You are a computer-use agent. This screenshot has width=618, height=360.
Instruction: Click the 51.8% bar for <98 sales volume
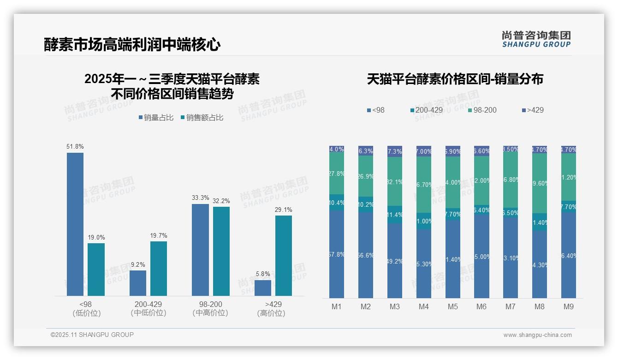pyautogui.click(x=75, y=224)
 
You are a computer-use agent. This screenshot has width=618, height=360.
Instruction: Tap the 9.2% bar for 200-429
pyautogui.click(x=138, y=283)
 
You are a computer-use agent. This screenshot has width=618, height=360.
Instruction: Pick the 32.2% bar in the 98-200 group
pyautogui.click(x=221, y=251)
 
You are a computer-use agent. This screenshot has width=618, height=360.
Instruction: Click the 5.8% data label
pyautogui.click(x=263, y=274)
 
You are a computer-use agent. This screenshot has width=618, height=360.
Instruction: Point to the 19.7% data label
pyautogui.click(x=159, y=235)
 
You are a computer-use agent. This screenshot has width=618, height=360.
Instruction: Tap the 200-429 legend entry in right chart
pyautogui.click(x=426, y=110)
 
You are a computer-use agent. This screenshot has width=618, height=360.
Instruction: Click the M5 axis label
pyautogui.click(x=452, y=307)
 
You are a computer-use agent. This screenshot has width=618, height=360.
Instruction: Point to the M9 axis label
pyautogui.click(x=568, y=307)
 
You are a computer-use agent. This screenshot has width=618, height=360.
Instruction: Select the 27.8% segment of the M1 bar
pyautogui.click(x=337, y=174)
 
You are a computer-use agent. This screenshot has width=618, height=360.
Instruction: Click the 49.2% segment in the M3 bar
pyautogui.click(x=395, y=261)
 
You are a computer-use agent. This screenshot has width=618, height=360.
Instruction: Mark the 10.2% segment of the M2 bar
pyautogui.click(x=366, y=204)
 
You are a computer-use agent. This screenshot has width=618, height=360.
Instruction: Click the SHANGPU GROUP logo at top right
pyautogui.click(x=536, y=39)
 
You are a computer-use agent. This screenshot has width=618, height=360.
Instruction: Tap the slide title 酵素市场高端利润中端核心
pyautogui.click(x=132, y=45)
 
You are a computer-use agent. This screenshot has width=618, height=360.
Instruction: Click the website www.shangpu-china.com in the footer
pyautogui.click(x=537, y=335)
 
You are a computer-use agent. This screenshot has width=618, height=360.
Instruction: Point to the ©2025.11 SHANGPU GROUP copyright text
pyautogui.click(x=92, y=335)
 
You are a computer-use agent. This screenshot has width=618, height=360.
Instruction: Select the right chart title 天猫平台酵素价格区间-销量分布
pyautogui.click(x=455, y=79)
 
